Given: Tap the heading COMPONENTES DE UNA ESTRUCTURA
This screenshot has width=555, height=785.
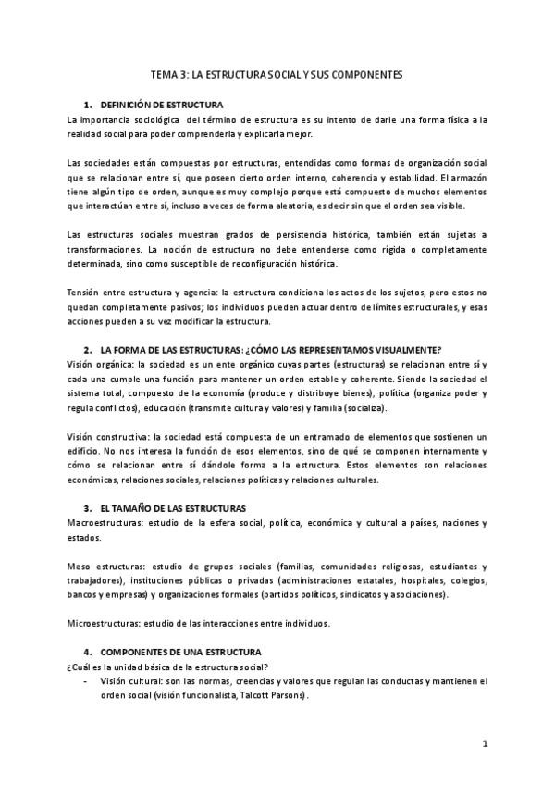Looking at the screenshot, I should (179, 652).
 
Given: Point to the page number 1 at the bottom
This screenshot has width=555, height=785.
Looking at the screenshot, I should (485, 743).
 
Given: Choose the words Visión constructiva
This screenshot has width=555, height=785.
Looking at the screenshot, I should (104, 436).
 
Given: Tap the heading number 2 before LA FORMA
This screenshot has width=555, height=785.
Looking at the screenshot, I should (86, 350).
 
